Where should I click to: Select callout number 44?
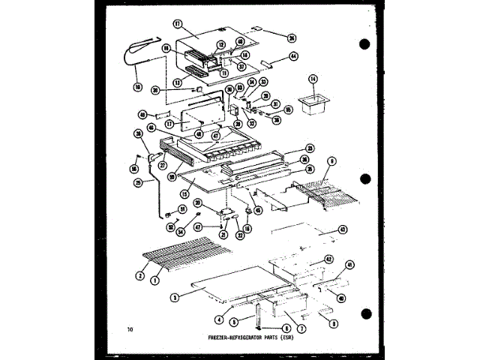click(293, 56)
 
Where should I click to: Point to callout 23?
click(309, 147)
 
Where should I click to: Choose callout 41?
click(349, 265)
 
